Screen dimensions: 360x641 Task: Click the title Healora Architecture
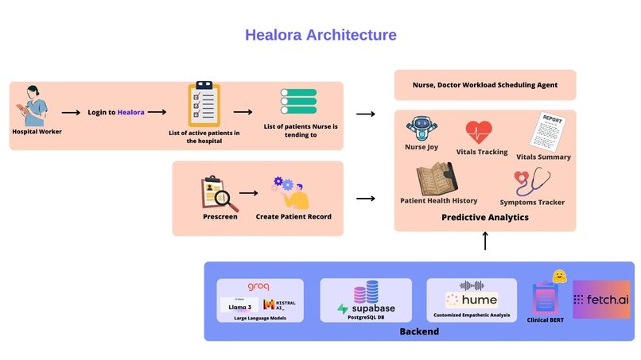pyautogui.click(x=320, y=35)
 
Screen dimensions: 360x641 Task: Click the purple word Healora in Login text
pyautogui.click(x=131, y=113)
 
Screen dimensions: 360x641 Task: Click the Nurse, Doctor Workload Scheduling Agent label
pyautogui.click(x=484, y=84)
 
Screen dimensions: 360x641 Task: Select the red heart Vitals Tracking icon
pyautogui.click(x=479, y=131)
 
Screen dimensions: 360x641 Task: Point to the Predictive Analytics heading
pyautogui.click(x=484, y=217)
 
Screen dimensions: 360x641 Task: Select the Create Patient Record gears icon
pyautogui.click(x=291, y=192)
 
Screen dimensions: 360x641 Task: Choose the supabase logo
pyautogui.click(x=366, y=308)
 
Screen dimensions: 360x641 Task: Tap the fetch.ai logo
pyautogui.click(x=601, y=300)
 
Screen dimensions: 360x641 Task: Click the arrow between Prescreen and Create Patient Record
pyautogui.click(x=250, y=193)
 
